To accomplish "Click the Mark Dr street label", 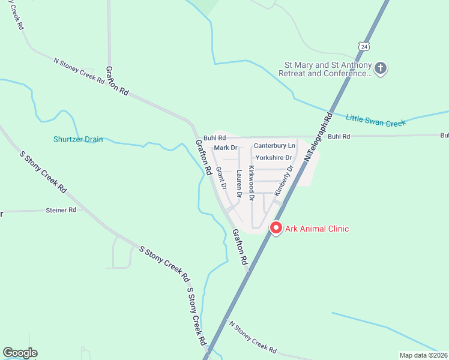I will [x=226, y=148].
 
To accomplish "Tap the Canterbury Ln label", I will [x=274, y=146].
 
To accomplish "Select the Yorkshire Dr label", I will [x=273, y=158].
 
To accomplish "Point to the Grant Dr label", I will [x=221, y=178].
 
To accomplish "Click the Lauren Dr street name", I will [x=239, y=184].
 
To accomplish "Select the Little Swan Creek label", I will [x=376, y=119].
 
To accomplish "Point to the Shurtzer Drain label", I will [x=77, y=140].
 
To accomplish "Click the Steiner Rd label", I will [x=61, y=210].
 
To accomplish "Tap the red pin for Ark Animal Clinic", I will [x=276, y=228].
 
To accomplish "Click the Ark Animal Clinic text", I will [x=317, y=229].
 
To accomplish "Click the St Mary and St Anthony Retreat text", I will [x=327, y=69].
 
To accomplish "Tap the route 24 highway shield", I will [x=364, y=46].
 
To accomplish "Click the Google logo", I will [x=20, y=353].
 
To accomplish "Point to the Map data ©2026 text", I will [x=423, y=355].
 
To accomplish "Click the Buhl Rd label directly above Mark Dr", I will [x=213, y=137].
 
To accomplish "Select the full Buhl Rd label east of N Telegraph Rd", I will [x=339, y=136].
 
